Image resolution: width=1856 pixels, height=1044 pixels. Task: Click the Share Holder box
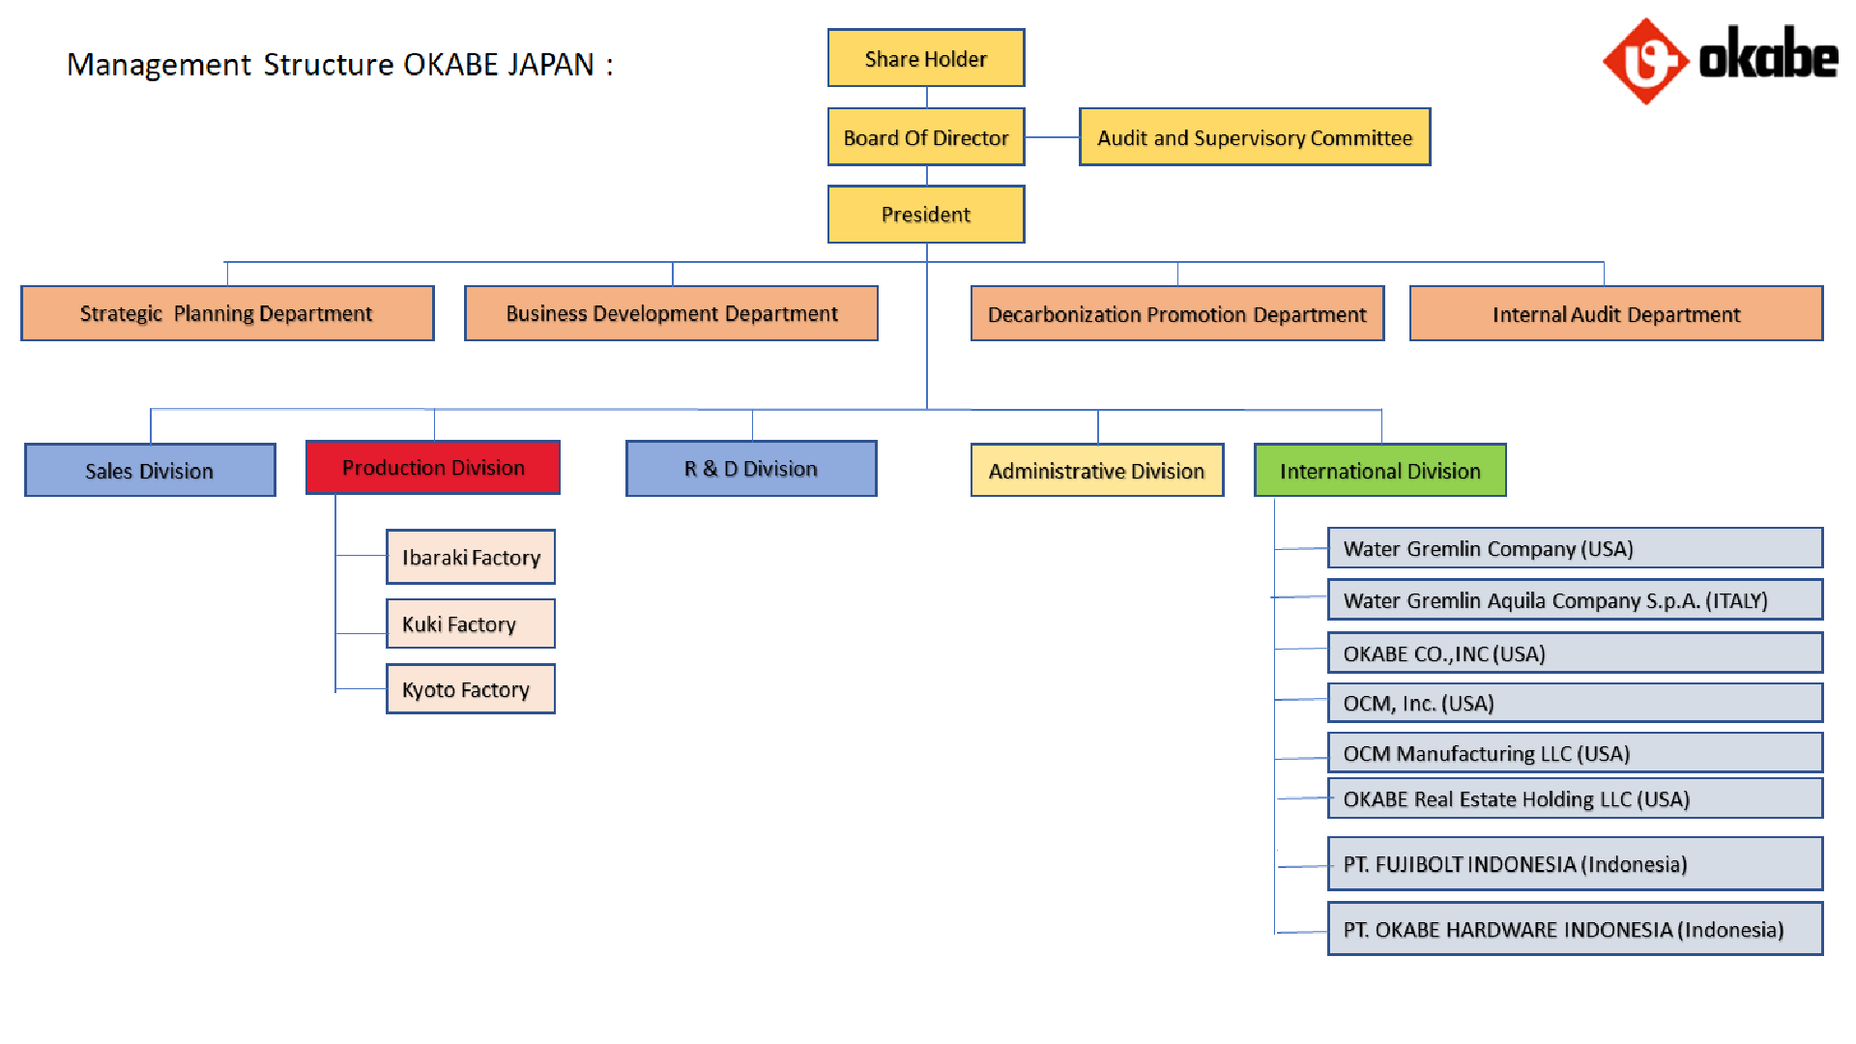pyautogui.click(x=926, y=58)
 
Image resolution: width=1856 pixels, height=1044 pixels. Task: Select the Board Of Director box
pyautogui.click(x=926, y=137)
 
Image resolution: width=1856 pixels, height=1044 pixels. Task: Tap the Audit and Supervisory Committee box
pyautogui.click(x=1255, y=137)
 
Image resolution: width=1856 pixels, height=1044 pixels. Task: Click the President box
pyautogui.click(x=926, y=215)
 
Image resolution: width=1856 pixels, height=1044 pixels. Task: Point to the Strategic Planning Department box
pyautogui.click(x=227, y=313)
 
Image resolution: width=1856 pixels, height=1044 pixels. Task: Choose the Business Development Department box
pyautogui.click(x=671, y=313)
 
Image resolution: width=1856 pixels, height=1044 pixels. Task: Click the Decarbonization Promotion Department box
pyautogui.click(x=1177, y=313)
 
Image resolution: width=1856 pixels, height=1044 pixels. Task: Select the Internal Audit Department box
pyautogui.click(x=1616, y=313)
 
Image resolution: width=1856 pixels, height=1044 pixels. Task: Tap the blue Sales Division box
pyautogui.click(x=150, y=470)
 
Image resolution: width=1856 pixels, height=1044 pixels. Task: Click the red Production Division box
pyautogui.click(x=433, y=468)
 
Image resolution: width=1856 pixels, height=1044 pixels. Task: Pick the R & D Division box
pyautogui.click(x=751, y=469)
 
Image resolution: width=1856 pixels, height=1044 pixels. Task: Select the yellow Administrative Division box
pyautogui.click(x=1097, y=470)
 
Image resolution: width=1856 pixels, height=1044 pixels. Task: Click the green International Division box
pyautogui.click(x=1380, y=470)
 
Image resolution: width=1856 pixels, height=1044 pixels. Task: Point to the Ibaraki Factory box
pyautogui.click(x=471, y=557)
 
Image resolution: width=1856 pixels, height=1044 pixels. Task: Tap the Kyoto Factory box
pyautogui.click(x=471, y=689)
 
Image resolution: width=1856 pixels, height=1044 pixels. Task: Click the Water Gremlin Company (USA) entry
pyautogui.click(x=1576, y=548)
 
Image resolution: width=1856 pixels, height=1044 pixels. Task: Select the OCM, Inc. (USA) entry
pyautogui.click(x=1576, y=703)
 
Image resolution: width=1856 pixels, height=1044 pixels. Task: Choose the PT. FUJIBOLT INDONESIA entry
pyautogui.click(x=1576, y=864)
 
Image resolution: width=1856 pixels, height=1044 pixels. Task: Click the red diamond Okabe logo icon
pyautogui.click(x=1645, y=61)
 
